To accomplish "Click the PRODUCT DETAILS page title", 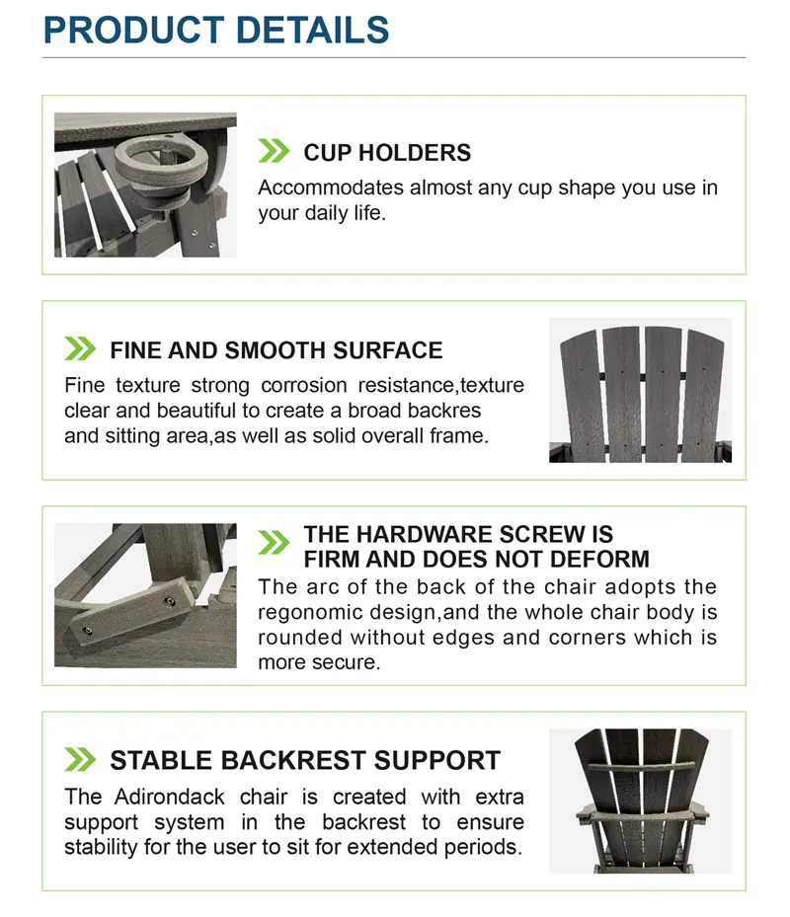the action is click(216, 30).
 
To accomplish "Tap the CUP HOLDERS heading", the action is click(387, 153).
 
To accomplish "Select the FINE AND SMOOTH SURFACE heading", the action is click(276, 350).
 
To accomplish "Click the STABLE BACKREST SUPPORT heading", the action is click(305, 760).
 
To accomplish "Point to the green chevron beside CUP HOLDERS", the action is click(274, 151).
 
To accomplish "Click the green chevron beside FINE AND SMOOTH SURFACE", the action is click(80, 348).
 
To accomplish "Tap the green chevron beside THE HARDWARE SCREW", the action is click(274, 543).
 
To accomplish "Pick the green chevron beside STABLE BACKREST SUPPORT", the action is click(80, 759).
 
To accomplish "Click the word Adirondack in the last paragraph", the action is click(169, 797).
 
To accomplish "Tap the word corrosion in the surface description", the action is click(304, 385).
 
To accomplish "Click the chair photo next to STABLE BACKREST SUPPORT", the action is click(640, 802).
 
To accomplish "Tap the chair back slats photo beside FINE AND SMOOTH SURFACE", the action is click(640, 390).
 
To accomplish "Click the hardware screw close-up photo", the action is click(146, 595).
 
